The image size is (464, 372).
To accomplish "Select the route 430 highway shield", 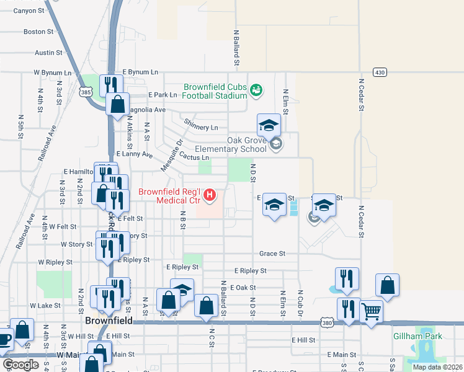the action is pos(380,73).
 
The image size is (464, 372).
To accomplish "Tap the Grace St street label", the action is pos(272,254).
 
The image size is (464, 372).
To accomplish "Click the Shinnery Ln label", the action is pos(201,128).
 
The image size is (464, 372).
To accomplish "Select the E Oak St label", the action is pos(243,288).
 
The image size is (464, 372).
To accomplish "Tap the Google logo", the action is pos(20,365).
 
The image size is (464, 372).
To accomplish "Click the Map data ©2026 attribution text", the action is pos(437,367).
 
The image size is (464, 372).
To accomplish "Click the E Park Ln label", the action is pos(163,95).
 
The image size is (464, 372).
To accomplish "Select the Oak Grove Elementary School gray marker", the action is pos(276,145).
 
